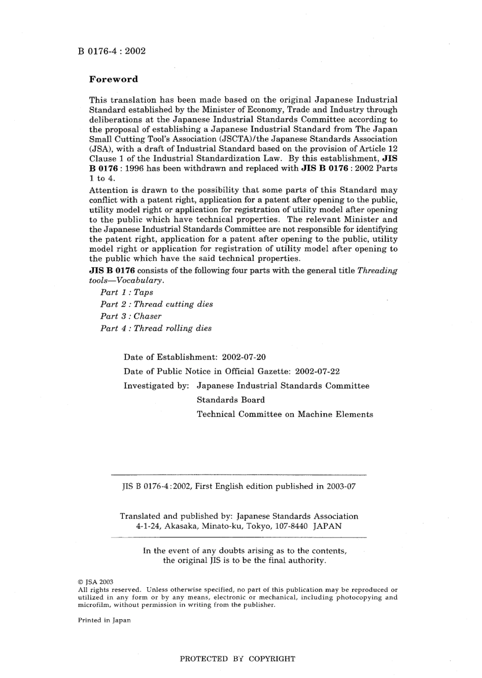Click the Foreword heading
113,79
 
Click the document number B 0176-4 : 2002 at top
112,51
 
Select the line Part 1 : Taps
126,292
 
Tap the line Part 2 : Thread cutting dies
156,304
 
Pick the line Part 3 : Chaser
131,316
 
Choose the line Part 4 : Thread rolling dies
156,328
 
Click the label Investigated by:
156,386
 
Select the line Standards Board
230,400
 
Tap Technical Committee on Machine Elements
285,414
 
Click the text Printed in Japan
104,620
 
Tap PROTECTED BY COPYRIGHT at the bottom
237,659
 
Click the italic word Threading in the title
377,270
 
